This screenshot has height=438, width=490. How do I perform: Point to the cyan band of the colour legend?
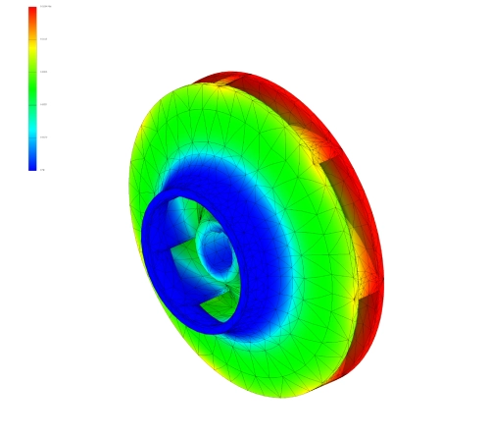click(x=32, y=123)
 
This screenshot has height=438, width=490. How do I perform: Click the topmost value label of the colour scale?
click(x=44, y=8)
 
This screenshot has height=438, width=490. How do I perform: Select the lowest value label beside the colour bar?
click(x=43, y=170)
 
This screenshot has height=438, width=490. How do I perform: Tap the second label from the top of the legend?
click(x=44, y=39)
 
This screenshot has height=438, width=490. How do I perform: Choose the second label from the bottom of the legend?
click(x=43, y=137)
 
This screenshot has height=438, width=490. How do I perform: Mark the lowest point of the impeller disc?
click(x=284, y=396)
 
